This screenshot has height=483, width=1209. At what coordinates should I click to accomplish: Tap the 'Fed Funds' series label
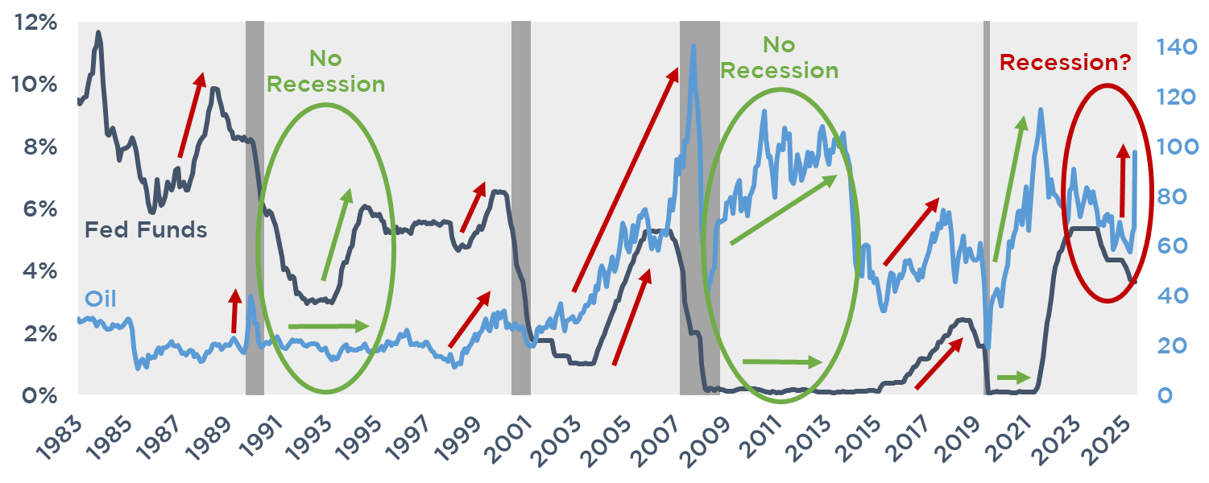[146, 230]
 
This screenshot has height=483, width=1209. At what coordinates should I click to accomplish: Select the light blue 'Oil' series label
[101, 299]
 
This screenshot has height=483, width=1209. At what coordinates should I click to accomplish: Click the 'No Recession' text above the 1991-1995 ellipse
[325, 71]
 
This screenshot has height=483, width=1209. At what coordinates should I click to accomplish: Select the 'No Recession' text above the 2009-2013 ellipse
[779, 57]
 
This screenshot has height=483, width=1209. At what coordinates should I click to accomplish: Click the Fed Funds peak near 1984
[98, 33]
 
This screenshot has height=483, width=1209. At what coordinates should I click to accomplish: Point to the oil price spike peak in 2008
[693, 46]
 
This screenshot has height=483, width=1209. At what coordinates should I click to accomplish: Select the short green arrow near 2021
[1013, 377]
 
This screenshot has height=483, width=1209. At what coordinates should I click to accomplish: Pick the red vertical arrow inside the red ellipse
[1122, 181]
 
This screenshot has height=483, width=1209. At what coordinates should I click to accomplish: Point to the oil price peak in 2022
[1041, 109]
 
